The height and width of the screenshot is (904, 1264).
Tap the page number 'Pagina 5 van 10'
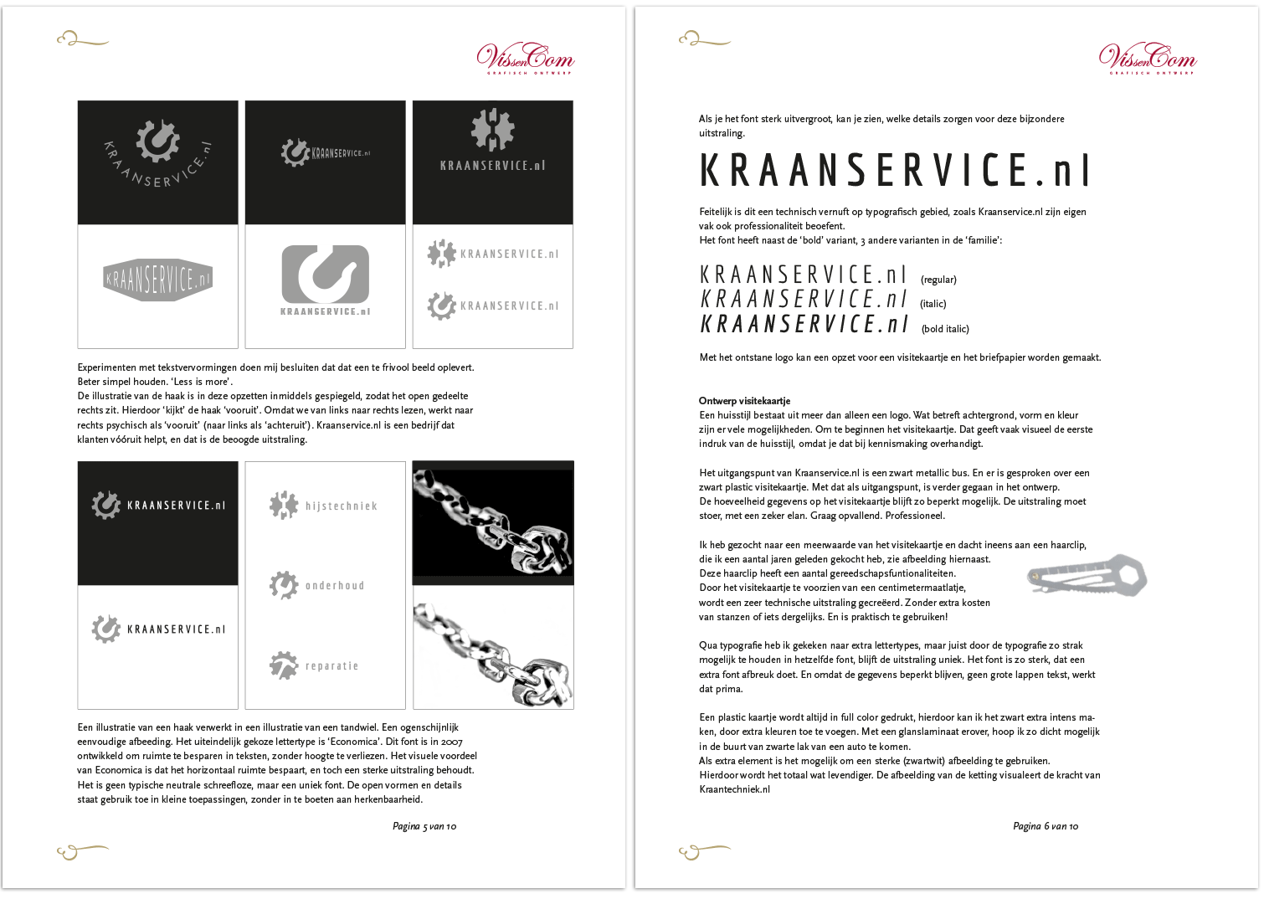[424, 826]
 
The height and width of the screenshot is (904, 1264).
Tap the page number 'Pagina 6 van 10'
[1046, 826]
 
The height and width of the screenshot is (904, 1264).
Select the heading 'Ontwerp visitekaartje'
[744, 401]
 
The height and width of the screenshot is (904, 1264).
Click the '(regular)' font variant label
[938, 280]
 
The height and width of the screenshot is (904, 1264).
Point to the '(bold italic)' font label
[945, 329]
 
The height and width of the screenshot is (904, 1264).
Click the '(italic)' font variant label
[933, 304]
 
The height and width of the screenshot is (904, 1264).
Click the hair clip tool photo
[1087, 576]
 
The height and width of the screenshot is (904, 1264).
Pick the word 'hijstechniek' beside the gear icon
[342, 506]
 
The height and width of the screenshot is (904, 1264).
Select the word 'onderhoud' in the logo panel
[335, 586]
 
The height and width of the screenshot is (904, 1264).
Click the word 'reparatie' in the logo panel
[332, 666]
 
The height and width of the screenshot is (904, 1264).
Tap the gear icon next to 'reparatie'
[284, 665]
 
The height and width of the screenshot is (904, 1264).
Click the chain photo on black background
[493, 521]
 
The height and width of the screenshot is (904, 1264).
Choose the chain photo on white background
[493, 648]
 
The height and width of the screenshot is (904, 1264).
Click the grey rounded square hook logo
[326, 274]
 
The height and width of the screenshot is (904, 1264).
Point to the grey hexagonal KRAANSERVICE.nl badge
[158, 280]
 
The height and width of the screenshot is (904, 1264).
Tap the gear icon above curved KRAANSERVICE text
[157, 140]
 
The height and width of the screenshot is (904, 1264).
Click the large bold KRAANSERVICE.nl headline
[894, 170]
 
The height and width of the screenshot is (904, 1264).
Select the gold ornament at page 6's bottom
[703, 851]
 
